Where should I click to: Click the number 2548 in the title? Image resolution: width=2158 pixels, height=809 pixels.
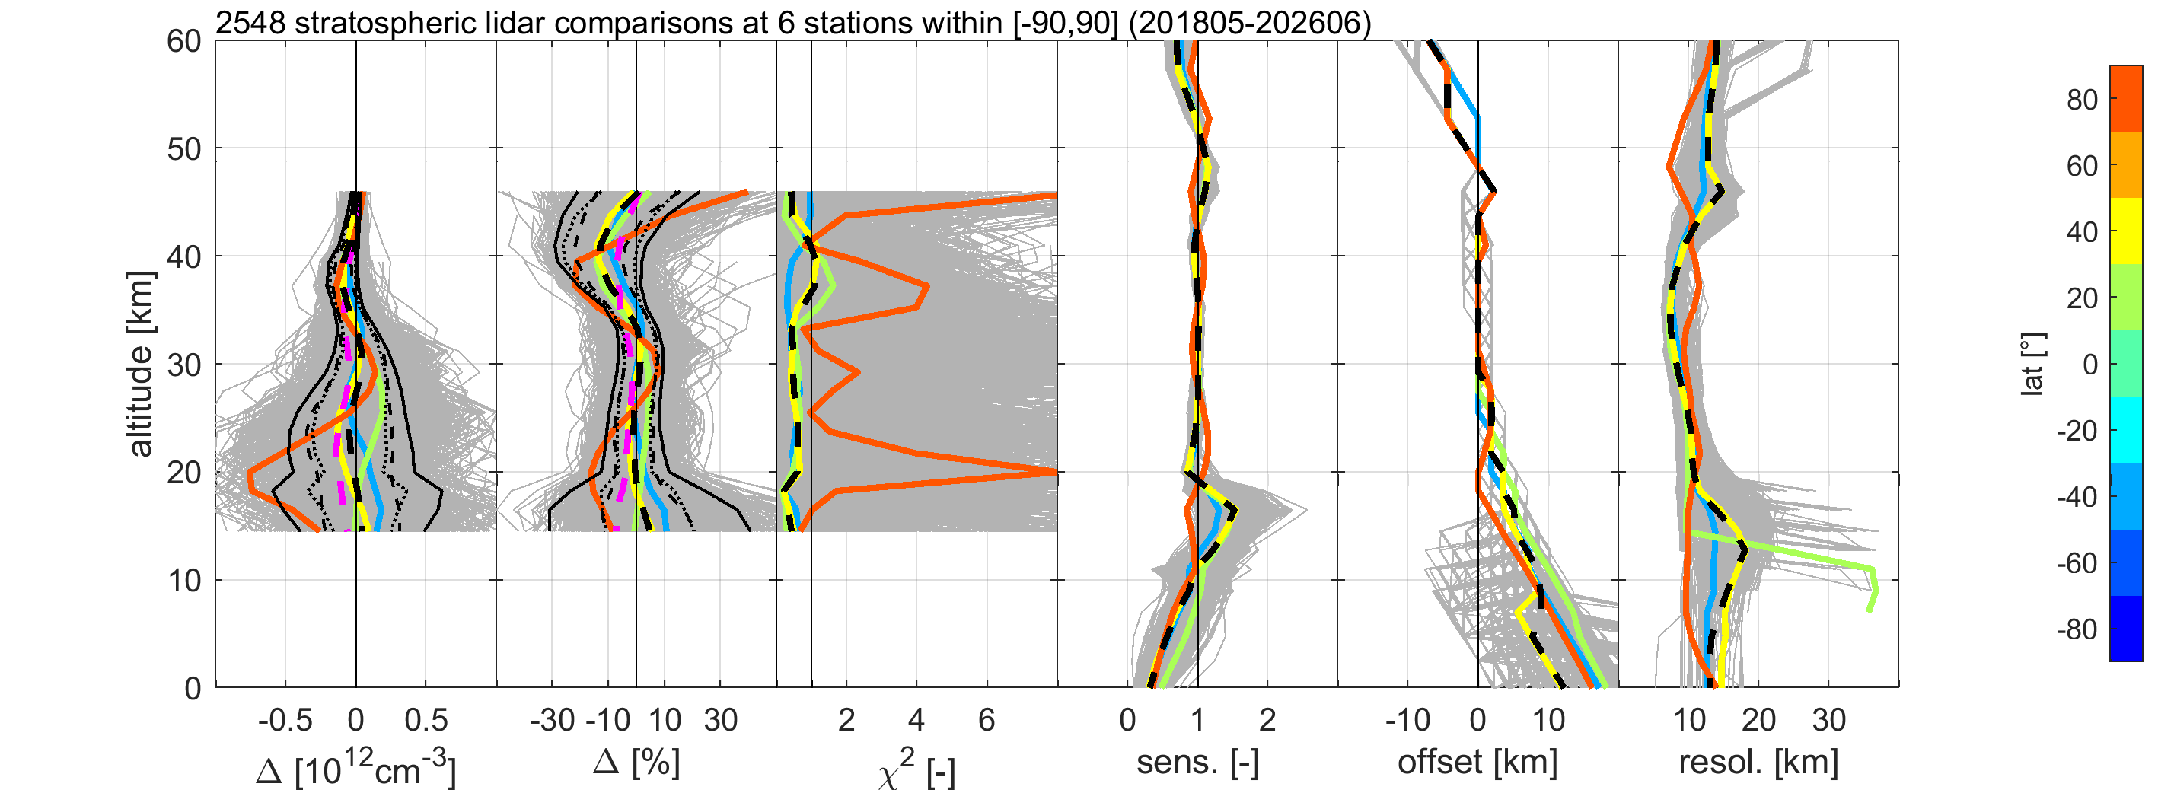click(x=250, y=23)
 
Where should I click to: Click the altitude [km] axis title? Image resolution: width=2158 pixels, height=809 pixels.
click(x=140, y=365)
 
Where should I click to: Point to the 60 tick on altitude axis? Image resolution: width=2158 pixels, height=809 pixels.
click(x=184, y=41)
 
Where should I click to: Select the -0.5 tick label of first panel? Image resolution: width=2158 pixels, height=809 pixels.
click(x=285, y=720)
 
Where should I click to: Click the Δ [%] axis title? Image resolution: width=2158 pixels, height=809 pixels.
click(x=636, y=763)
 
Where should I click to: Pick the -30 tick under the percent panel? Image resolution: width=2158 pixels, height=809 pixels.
click(x=552, y=720)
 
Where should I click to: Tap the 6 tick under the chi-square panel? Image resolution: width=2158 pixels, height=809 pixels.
click(x=987, y=720)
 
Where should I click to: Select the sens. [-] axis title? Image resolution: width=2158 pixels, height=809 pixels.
click(x=1198, y=763)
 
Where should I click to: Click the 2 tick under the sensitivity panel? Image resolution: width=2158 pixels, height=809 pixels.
click(x=1267, y=720)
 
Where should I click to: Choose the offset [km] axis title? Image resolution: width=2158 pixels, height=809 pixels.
click(x=1477, y=763)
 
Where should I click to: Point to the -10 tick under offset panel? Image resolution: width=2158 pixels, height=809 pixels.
click(x=1407, y=720)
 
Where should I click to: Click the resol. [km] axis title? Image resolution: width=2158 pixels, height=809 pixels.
click(x=1758, y=763)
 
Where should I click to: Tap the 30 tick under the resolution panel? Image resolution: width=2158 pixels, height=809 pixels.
click(x=1828, y=720)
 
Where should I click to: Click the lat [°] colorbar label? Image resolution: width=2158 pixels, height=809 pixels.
click(x=2032, y=365)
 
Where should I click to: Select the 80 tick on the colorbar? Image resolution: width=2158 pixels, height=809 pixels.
click(x=2082, y=100)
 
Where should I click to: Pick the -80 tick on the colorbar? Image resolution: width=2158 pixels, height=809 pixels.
click(x=2077, y=630)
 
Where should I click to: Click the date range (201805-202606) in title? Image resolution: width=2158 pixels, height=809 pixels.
click(x=1250, y=23)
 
